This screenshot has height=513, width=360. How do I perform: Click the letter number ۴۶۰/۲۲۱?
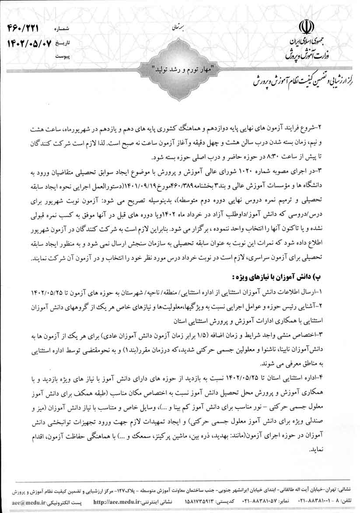click(x=23, y=28)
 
